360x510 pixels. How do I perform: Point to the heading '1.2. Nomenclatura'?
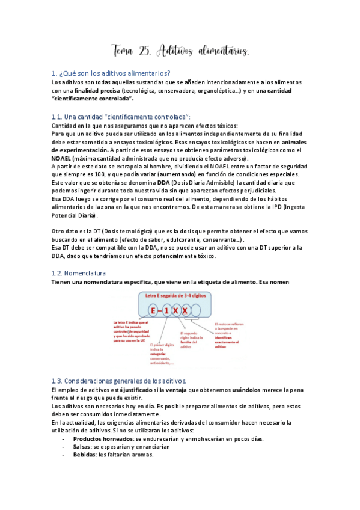[83, 272]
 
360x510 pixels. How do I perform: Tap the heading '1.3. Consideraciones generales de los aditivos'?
[119, 381]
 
